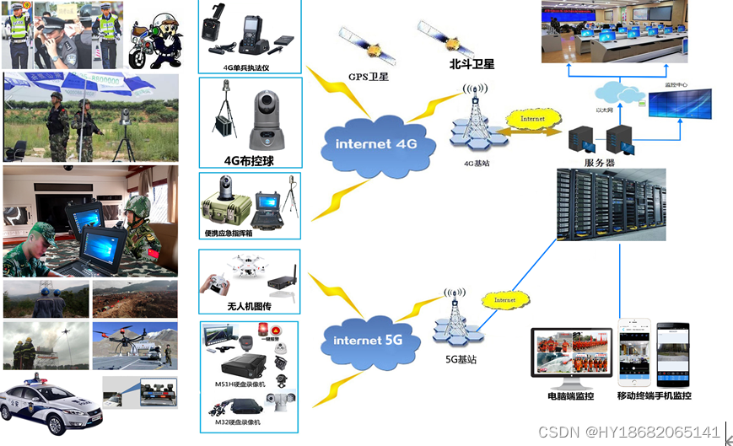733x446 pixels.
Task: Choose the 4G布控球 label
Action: tap(249, 159)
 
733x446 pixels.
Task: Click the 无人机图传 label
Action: tap(249, 307)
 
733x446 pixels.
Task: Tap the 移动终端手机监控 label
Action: tap(654, 395)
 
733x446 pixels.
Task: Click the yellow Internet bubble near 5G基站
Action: tap(505, 299)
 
